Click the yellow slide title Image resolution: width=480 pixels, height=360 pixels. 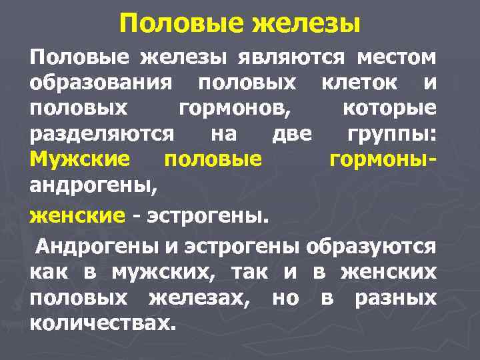240,25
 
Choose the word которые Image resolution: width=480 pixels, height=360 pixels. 390,108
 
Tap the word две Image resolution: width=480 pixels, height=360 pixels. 292,133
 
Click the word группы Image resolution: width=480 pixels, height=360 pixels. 392,133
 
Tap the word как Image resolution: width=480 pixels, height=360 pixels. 51,271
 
